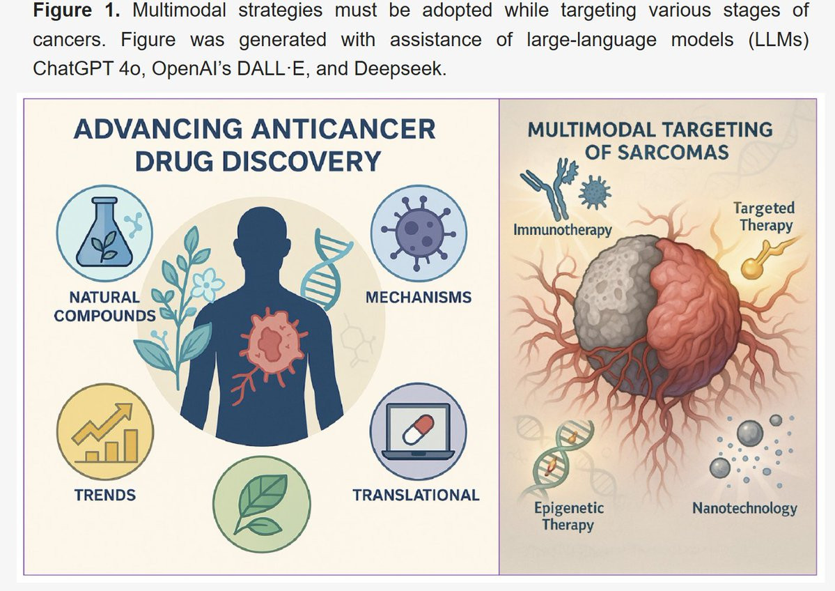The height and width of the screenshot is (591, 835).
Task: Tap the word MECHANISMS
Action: (418, 298)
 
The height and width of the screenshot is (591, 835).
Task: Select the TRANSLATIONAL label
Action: (416, 496)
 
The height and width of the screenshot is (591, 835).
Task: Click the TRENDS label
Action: (105, 496)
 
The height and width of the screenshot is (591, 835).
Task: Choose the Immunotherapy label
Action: (562, 229)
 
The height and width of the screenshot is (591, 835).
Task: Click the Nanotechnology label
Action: (744, 508)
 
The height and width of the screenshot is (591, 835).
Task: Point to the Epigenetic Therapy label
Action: (568, 516)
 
